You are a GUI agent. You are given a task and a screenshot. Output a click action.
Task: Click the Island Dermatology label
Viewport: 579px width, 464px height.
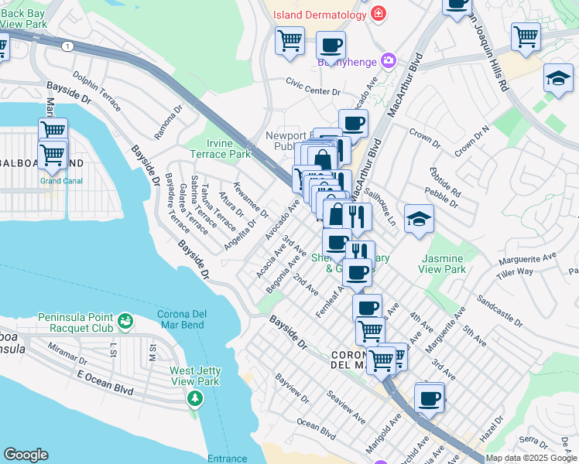tap(319, 15)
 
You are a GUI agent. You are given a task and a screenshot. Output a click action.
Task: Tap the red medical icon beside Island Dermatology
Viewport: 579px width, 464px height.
tap(378, 14)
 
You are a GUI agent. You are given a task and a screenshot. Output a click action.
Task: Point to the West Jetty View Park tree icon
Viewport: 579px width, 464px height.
tap(195, 398)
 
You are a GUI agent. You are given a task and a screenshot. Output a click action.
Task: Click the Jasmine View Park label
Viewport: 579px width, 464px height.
tap(442, 264)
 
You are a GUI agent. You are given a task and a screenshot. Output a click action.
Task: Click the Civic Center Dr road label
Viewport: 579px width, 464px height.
tap(313, 90)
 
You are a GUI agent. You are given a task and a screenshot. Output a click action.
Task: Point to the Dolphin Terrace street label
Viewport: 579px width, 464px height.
tap(97, 92)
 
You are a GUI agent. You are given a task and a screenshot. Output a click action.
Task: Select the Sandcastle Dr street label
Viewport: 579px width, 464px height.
tap(499, 308)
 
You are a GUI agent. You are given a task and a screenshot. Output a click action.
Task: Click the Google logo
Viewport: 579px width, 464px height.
tap(26, 455)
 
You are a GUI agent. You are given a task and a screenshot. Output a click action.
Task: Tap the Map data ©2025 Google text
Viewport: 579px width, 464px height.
tap(531, 458)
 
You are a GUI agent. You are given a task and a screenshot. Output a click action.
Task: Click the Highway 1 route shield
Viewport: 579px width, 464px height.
tap(67, 46)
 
